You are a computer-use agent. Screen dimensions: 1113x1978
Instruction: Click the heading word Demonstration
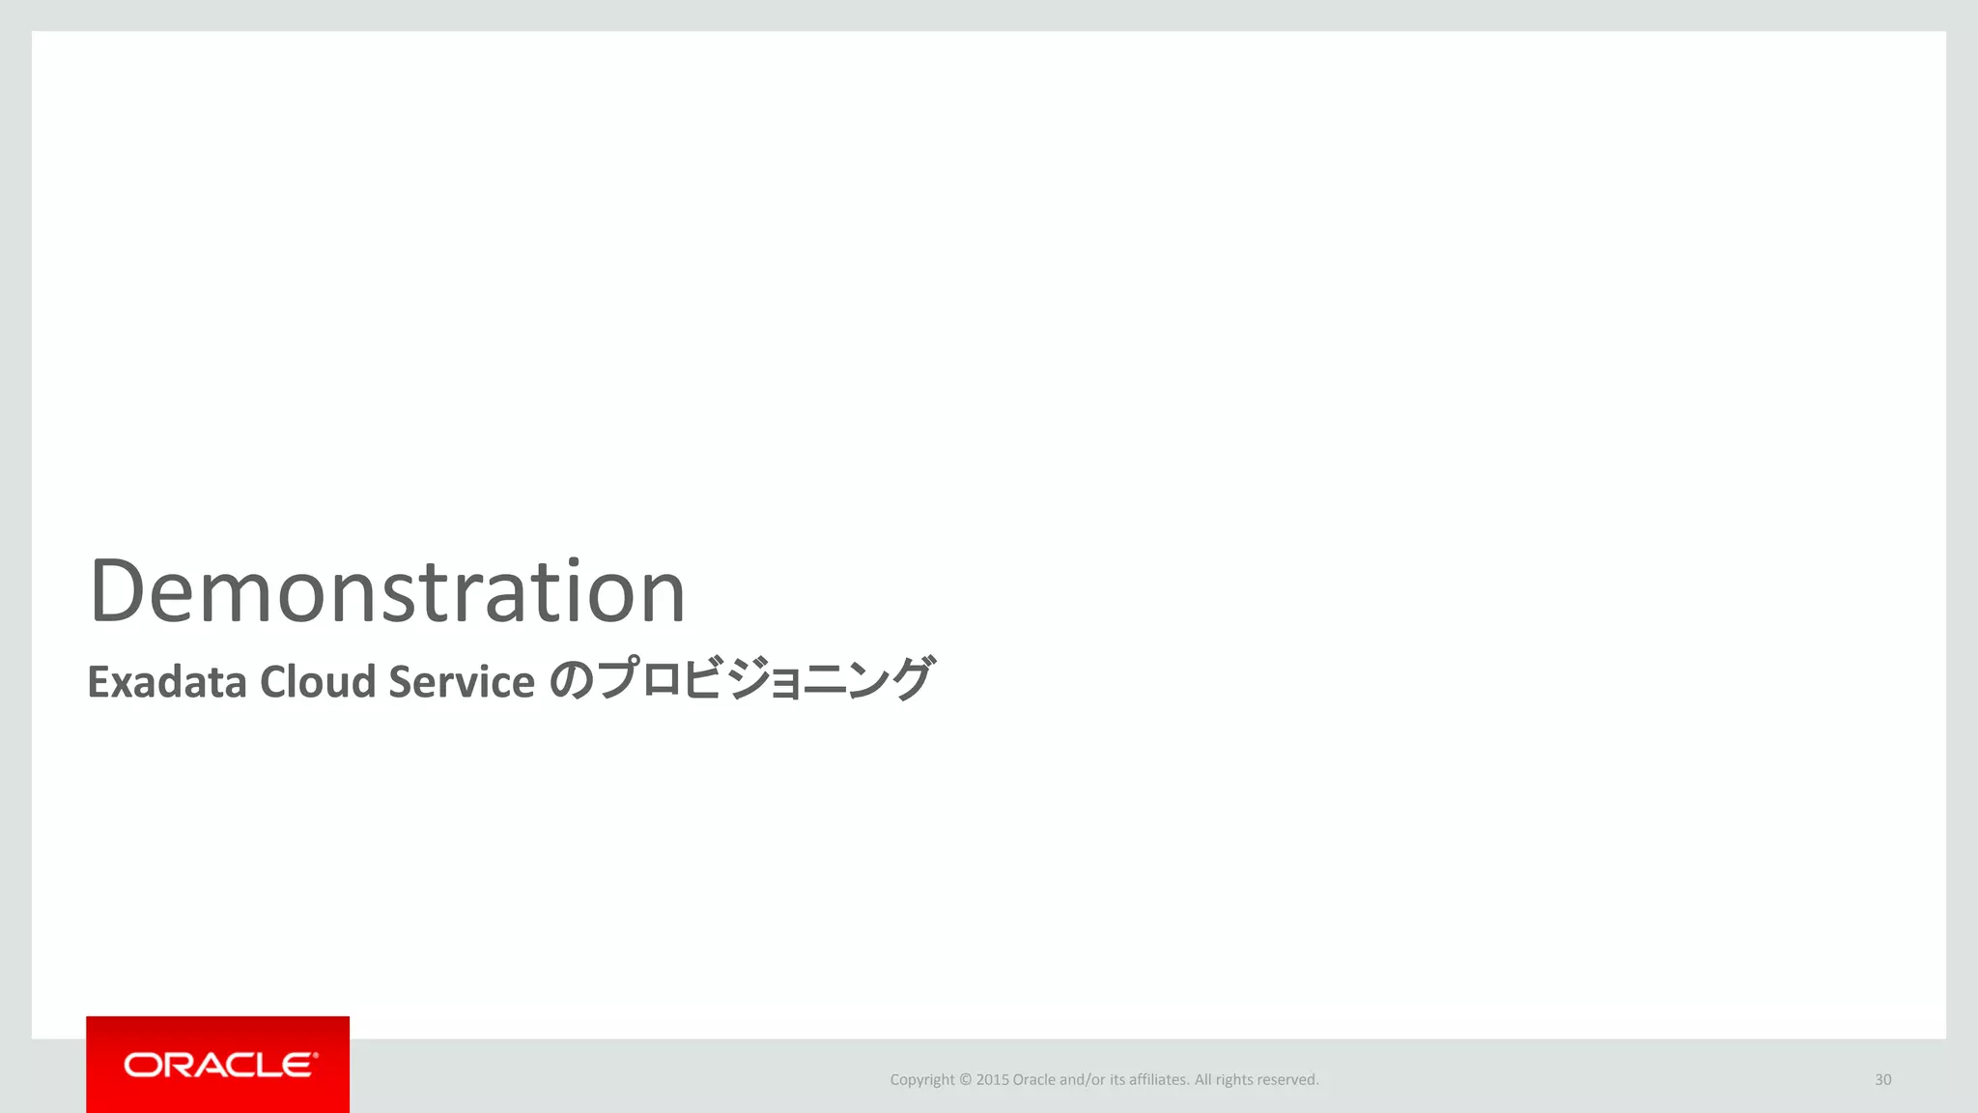coord(387,590)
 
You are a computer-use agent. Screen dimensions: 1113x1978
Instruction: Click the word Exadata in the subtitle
coord(167,682)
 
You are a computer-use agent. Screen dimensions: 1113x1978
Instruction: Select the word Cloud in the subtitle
coord(318,682)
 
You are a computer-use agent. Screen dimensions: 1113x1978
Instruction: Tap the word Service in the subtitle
coord(461,682)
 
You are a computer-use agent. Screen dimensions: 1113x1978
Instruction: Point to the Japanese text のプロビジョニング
coord(742,679)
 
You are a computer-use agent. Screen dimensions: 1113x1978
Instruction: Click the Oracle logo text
coord(219,1065)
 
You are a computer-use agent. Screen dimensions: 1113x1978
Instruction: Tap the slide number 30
coord(1882,1079)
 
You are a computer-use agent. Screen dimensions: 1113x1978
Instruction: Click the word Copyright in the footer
coord(921,1080)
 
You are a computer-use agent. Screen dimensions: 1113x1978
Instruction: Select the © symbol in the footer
coord(966,1080)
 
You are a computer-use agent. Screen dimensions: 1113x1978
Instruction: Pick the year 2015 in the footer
coord(992,1080)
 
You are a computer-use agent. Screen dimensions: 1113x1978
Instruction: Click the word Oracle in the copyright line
coord(1033,1080)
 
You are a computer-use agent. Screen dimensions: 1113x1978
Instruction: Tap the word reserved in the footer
coord(1287,1080)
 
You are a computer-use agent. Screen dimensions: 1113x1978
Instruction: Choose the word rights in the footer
coord(1233,1080)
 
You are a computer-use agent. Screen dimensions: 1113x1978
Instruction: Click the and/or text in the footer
coord(1082,1080)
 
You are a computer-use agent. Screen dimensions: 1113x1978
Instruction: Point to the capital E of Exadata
coord(98,682)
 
